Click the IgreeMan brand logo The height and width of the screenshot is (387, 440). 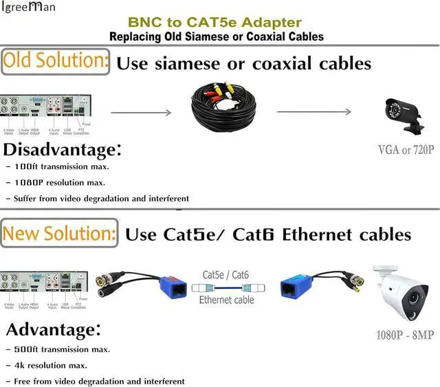(x=27, y=8)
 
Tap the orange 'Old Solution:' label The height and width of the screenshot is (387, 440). (x=56, y=63)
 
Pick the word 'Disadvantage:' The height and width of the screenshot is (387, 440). (x=63, y=150)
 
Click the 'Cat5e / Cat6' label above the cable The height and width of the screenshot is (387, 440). (x=227, y=274)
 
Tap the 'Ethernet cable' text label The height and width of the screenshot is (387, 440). (x=227, y=300)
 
